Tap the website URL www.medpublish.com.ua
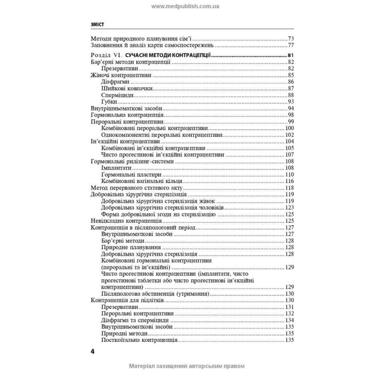(186, 6)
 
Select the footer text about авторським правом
(186, 366)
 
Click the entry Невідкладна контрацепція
(122, 221)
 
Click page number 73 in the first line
(291, 39)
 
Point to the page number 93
(291, 102)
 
